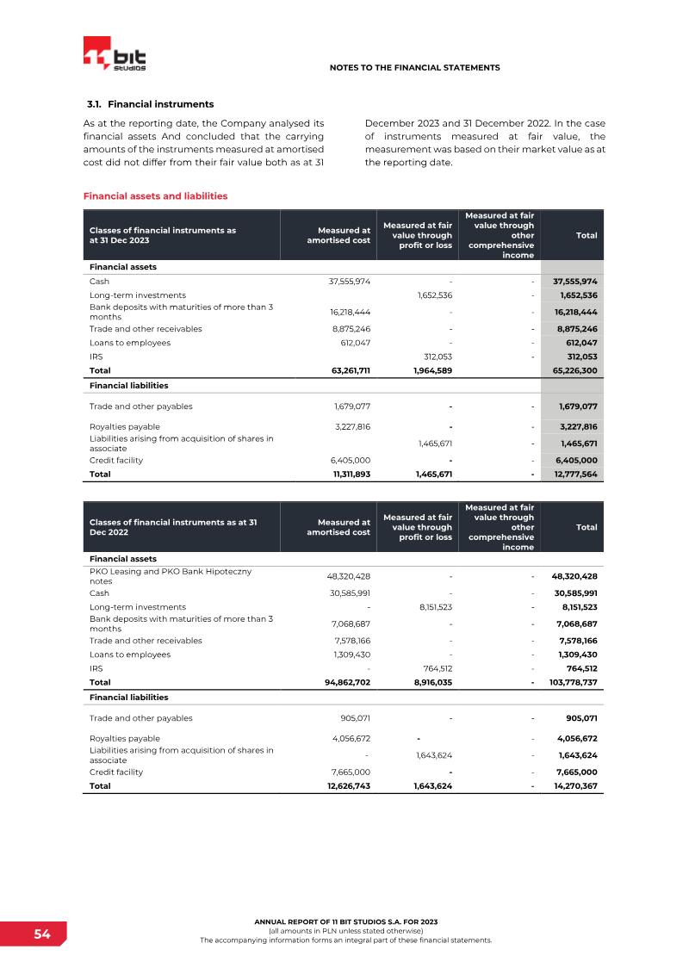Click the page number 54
pos(42,934)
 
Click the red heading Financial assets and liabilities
pos(155,196)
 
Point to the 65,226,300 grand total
pos(575,370)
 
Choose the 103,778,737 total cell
pos(573,682)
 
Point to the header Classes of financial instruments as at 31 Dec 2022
pos(173,527)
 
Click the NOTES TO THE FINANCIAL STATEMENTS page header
pos(414,67)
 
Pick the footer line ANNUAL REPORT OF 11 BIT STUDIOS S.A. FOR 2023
pos(345,921)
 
